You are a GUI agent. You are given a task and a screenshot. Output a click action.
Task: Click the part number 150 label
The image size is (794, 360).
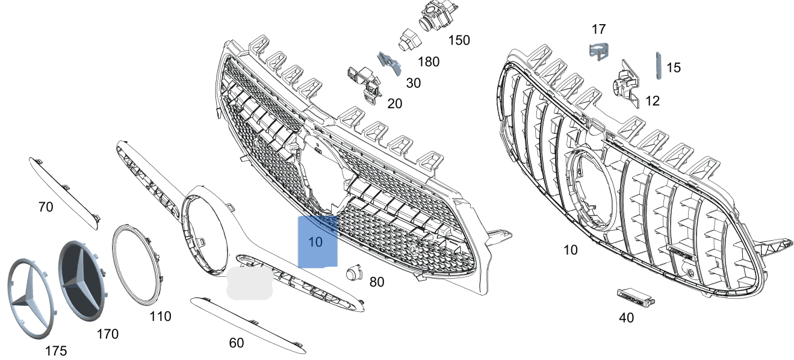click(459, 40)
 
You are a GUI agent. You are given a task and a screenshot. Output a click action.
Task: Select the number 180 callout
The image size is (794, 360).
click(428, 61)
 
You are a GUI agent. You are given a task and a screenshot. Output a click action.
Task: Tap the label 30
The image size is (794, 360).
click(413, 83)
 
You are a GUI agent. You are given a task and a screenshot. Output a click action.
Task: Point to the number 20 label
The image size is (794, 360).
click(394, 104)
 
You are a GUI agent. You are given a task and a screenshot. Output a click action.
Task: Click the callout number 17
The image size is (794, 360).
click(598, 29)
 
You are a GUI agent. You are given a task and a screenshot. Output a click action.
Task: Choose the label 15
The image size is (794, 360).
click(674, 67)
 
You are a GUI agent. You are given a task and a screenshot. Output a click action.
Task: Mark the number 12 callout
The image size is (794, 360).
click(652, 101)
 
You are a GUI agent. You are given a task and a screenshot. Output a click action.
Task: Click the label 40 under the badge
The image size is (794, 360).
click(626, 317)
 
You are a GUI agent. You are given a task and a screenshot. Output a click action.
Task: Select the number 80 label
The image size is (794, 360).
click(376, 282)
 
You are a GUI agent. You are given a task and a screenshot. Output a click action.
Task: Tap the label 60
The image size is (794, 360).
click(237, 343)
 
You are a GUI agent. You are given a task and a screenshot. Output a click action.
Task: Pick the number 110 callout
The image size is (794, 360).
click(160, 316)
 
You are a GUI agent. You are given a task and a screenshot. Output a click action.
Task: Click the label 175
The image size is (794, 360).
click(55, 351)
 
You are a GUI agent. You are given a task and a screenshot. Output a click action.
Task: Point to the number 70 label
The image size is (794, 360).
click(45, 207)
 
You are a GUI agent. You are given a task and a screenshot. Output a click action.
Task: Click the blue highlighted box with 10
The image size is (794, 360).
click(317, 241)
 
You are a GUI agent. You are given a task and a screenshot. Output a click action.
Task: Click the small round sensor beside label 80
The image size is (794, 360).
click(353, 274)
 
